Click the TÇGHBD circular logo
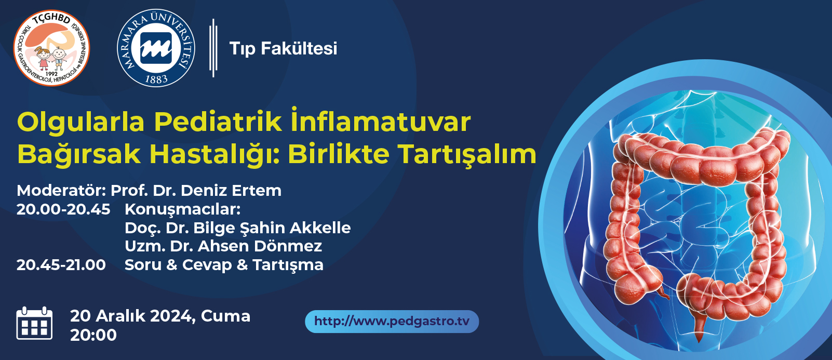click(51, 48)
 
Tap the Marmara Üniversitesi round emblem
click(156, 48)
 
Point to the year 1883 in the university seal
click(156, 79)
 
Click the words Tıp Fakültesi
click(284, 49)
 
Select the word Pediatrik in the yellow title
click(218, 122)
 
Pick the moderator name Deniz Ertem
click(231, 191)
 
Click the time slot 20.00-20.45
click(63, 209)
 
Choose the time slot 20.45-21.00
click(61, 265)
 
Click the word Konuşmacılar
click(183, 210)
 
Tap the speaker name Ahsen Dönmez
click(260, 246)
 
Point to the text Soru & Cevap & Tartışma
click(224, 265)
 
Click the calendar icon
click(35, 323)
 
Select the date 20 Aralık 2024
click(132, 316)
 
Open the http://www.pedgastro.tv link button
click(392, 322)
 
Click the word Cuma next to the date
click(226, 316)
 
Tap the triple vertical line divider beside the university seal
click(213, 48)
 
